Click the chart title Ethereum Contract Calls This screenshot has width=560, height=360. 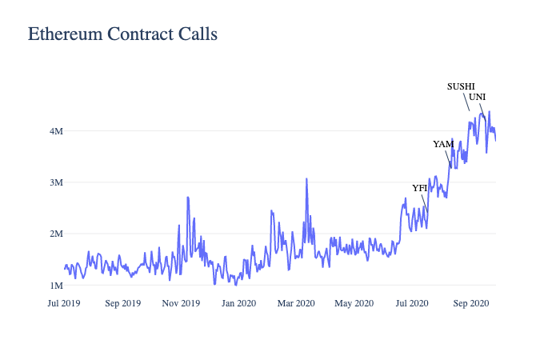click(x=122, y=34)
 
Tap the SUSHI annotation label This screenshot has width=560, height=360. click(x=461, y=86)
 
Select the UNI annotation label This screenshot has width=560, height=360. click(x=478, y=97)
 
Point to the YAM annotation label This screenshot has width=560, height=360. click(x=443, y=144)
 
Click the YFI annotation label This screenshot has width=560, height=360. click(x=420, y=188)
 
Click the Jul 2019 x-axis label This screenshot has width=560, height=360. click(x=64, y=303)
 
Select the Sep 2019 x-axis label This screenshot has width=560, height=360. click(x=122, y=303)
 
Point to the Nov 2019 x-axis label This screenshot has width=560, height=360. click(x=180, y=303)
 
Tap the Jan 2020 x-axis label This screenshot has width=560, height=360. click(x=238, y=303)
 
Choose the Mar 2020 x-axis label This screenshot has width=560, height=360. click(x=296, y=303)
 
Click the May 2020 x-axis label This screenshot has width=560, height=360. click(x=354, y=303)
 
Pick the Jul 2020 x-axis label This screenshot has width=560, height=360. click(x=411, y=303)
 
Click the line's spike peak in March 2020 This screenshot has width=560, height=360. click(x=306, y=179)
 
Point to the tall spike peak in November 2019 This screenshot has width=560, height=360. click(x=188, y=197)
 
